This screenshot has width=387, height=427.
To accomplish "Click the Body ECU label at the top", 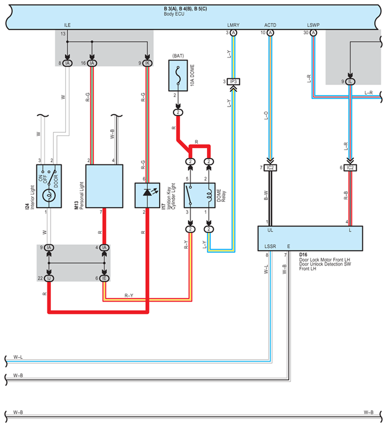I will [173, 14].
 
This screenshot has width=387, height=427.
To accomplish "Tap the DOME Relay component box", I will [199, 195].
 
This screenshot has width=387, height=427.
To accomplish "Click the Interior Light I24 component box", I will [49, 186].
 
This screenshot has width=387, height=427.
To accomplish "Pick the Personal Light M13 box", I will [104, 186].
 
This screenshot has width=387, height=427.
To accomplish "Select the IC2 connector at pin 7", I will [271, 168].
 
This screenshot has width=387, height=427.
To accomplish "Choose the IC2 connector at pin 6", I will [351, 168].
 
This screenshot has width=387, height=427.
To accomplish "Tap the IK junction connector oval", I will [148, 63].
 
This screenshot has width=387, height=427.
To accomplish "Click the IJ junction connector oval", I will [49, 278].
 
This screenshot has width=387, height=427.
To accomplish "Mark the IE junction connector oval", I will [104, 278].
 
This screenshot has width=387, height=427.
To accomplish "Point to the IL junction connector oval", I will [350, 81].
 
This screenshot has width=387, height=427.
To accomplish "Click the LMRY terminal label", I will [233, 24].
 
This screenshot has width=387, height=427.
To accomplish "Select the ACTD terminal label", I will [270, 24].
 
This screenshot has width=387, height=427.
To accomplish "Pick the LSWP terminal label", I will [315, 24].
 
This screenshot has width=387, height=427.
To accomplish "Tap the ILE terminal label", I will [67, 24].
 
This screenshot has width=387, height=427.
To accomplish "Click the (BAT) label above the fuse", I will [178, 56].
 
